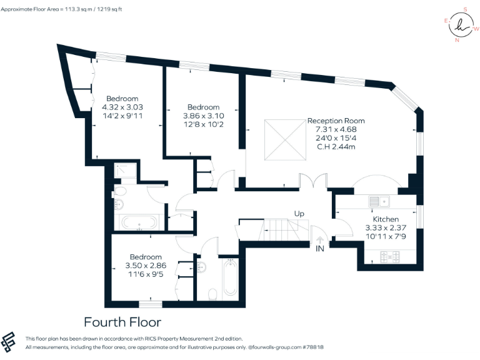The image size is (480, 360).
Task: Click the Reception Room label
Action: point(336,121)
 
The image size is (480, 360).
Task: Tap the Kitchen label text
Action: point(386,219)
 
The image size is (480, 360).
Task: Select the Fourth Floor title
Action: point(122,322)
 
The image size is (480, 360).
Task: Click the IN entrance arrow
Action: point(320,240)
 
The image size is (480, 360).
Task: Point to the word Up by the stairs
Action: point(299,214)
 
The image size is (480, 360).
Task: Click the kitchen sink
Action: point(379,201)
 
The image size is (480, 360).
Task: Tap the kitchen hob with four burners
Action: point(390,257)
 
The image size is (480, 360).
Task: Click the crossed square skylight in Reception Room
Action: point(285,140)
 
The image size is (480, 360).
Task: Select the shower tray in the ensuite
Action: point(125,171)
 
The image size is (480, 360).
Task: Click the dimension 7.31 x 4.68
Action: point(336,129)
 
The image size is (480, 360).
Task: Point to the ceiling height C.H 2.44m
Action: point(336,147)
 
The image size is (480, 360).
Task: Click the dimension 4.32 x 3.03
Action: point(122,107)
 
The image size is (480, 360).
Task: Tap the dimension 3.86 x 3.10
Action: point(203,116)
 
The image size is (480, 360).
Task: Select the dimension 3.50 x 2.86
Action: point(146,266)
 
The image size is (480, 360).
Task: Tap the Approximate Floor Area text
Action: point(61,9)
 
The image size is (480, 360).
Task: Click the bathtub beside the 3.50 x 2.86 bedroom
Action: point(230,277)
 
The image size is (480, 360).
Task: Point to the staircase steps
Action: point(279,229)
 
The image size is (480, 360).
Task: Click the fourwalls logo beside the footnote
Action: point(8,341)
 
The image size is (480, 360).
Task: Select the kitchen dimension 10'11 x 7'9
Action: point(386,236)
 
